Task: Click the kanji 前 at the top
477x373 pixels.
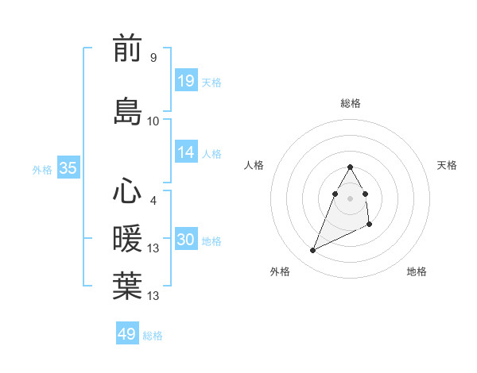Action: point(127,49)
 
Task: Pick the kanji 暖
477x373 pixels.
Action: point(127,238)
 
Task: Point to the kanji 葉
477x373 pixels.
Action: point(127,286)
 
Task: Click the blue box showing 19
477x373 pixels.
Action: point(186,81)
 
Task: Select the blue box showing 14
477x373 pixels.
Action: point(186,152)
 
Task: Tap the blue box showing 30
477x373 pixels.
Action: point(186,240)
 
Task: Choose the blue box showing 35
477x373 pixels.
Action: point(68,168)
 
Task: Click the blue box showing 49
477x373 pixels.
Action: point(127,334)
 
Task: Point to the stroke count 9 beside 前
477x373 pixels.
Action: point(153,58)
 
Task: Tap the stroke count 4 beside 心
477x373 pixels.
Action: point(153,200)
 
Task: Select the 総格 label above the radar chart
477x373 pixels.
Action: point(351,103)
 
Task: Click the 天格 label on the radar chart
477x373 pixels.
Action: point(447,165)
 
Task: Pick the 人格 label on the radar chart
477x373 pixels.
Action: point(254,165)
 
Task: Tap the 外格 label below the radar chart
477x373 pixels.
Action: point(280,271)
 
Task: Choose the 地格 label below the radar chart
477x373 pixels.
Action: point(417,271)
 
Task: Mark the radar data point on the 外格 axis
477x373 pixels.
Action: point(312,251)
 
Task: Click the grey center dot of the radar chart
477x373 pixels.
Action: point(351,198)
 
